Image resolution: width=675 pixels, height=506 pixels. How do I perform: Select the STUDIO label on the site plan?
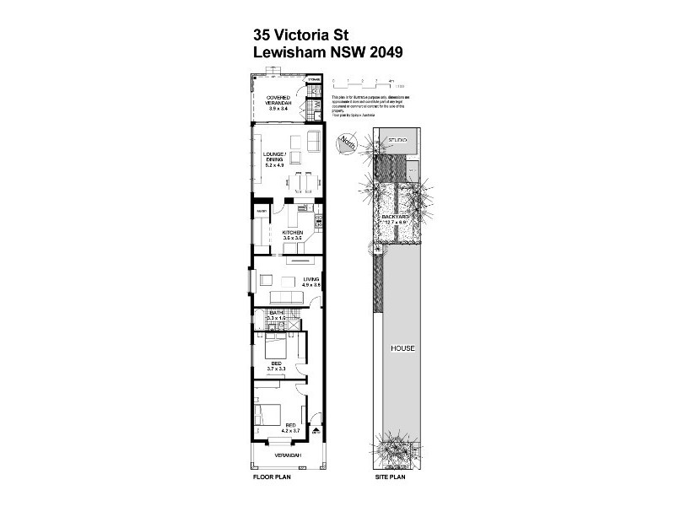click(397, 140)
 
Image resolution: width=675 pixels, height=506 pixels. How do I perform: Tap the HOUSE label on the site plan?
click(400, 347)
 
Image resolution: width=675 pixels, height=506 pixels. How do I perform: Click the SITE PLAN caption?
click(391, 476)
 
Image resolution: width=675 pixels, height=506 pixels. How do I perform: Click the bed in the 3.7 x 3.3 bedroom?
click(276, 344)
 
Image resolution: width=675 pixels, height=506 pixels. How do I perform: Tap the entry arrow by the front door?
click(316, 430)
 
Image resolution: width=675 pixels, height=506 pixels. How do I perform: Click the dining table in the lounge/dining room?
click(303, 180)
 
